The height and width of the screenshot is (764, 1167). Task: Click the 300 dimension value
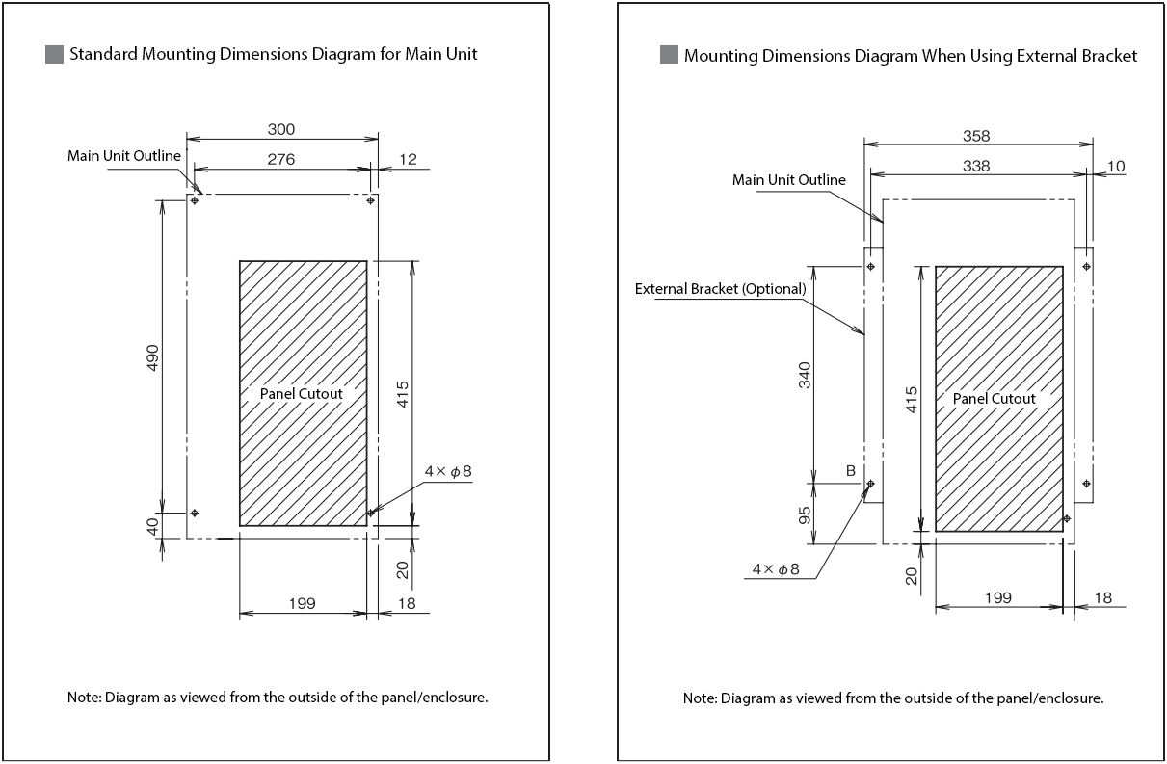pos(281,129)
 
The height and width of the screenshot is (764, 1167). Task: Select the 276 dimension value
pos(281,159)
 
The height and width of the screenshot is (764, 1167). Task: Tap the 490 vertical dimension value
pos(152,356)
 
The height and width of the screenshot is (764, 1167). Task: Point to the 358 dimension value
pos(976,136)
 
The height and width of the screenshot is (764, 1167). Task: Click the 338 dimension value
pos(976,166)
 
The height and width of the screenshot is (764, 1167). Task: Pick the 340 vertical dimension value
pos(806,374)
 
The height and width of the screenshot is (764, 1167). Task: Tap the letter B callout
pos(851,470)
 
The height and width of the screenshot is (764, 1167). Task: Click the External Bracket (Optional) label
pos(720,288)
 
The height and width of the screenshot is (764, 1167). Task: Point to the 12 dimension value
pos(408,159)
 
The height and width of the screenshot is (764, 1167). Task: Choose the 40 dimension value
pos(152,526)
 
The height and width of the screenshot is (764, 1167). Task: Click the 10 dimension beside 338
pos(1116,166)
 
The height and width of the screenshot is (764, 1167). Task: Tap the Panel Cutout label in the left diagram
pos(302,393)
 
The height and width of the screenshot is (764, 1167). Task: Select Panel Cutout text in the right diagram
pos(995,399)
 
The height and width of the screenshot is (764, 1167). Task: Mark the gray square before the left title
pos(54,54)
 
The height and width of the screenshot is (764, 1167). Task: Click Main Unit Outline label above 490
pos(124,155)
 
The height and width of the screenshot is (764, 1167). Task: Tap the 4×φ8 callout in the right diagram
pos(777,569)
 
